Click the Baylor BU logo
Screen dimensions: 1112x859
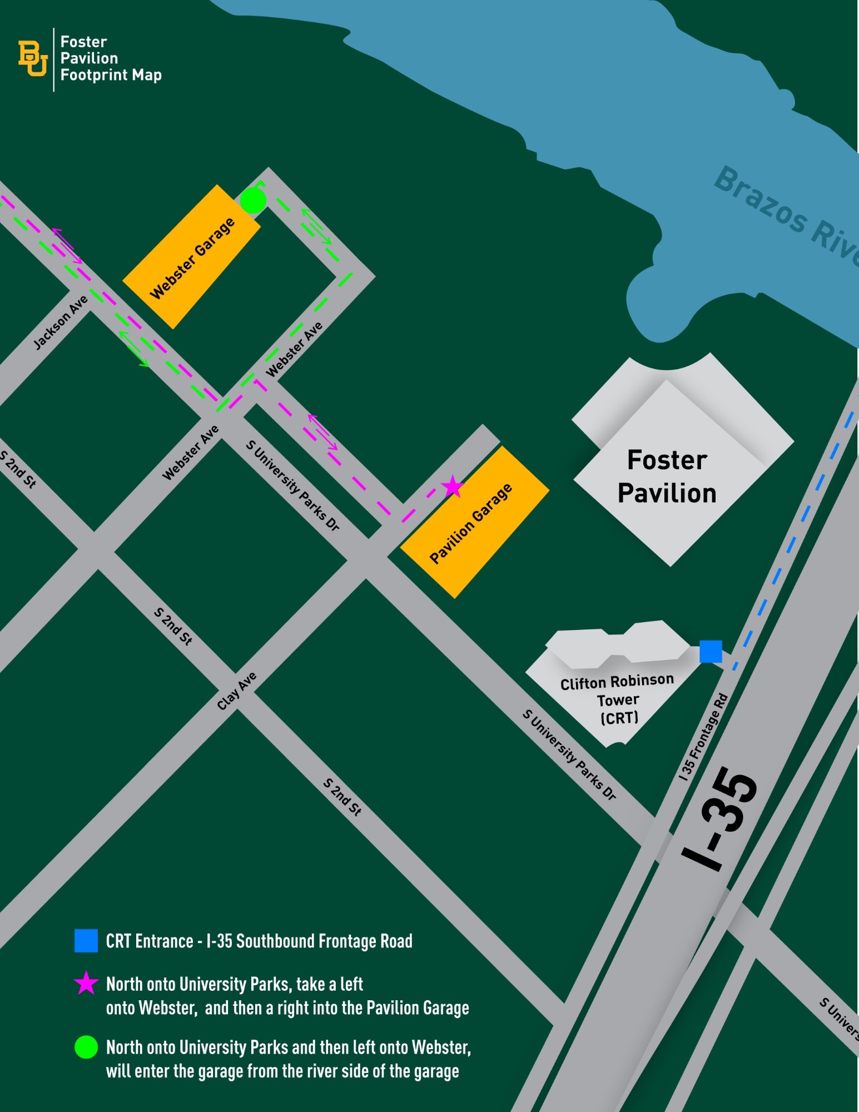click(x=32, y=58)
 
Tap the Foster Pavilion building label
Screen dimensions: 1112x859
click(x=667, y=476)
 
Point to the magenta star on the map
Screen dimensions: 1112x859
click(x=452, y=487)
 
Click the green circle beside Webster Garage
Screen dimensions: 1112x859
click(x=253, y=201)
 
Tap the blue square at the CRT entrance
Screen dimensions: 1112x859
click(x=710, y=651)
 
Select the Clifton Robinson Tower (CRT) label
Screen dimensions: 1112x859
click(x=617, y=699)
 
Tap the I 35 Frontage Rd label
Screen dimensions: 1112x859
click(x=704, y=737)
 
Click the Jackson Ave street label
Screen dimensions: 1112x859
click(x=61, y=322)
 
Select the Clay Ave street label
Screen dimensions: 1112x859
click(x=237, y=691)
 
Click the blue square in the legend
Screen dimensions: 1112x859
click(x=86, y=941)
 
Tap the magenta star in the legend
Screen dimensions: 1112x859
click(x=86, y=983)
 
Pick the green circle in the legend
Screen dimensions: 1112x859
click(x=86, y=1047)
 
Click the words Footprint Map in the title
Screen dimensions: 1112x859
click(x=111, y=75)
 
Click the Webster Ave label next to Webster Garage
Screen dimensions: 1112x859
click(x=294, y=349)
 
